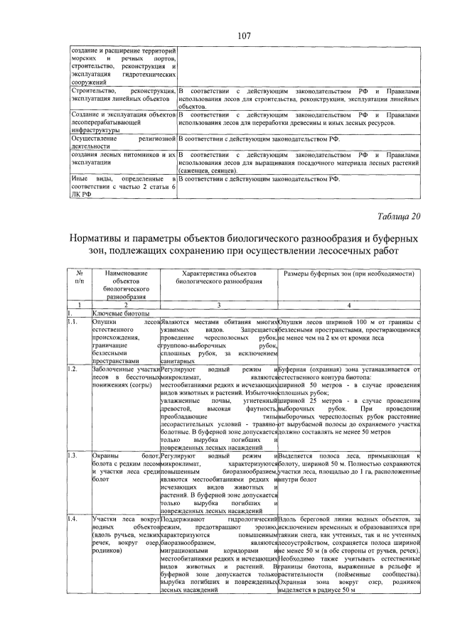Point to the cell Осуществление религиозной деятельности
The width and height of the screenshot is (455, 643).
(x=122, y=141)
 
